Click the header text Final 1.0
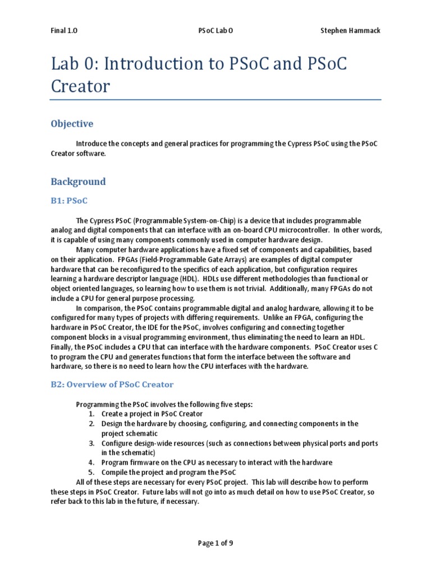64,31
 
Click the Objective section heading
72,123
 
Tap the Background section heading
78,182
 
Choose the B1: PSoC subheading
69,200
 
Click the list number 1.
91,414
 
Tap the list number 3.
91,443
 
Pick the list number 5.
91,472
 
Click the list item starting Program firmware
217,462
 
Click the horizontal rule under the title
215,100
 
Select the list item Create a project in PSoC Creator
153,414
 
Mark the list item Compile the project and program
168,472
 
